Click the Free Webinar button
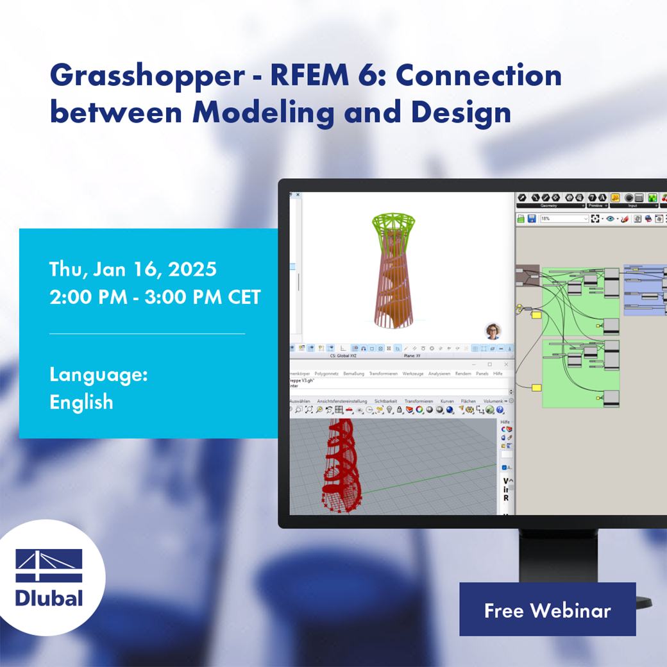point(547,610)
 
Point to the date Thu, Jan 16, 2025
point(133,269)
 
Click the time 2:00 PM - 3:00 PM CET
point(155,298)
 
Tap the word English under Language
point(81,402)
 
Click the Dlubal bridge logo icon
point(49,565)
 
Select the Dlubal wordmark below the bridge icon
point(49,598)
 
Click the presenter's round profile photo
point(493,331)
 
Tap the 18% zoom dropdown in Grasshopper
point(564,219)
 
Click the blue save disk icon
point(532,219)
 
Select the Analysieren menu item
point(439,373)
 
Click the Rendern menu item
point(462,373)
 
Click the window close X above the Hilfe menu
point(506,364)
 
